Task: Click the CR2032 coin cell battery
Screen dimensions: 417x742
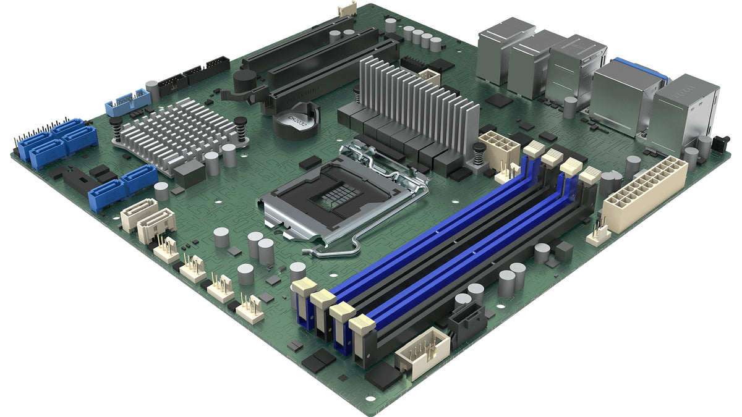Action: (x=295, y=118)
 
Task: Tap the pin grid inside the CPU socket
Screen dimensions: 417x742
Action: (x=337, y=196)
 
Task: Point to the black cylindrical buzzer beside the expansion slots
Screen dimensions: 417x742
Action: (x=245, y=81)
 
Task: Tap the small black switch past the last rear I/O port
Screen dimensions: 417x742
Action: (x=719, y=143)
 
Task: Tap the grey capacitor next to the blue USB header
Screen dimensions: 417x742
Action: (x=152, y=90)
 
